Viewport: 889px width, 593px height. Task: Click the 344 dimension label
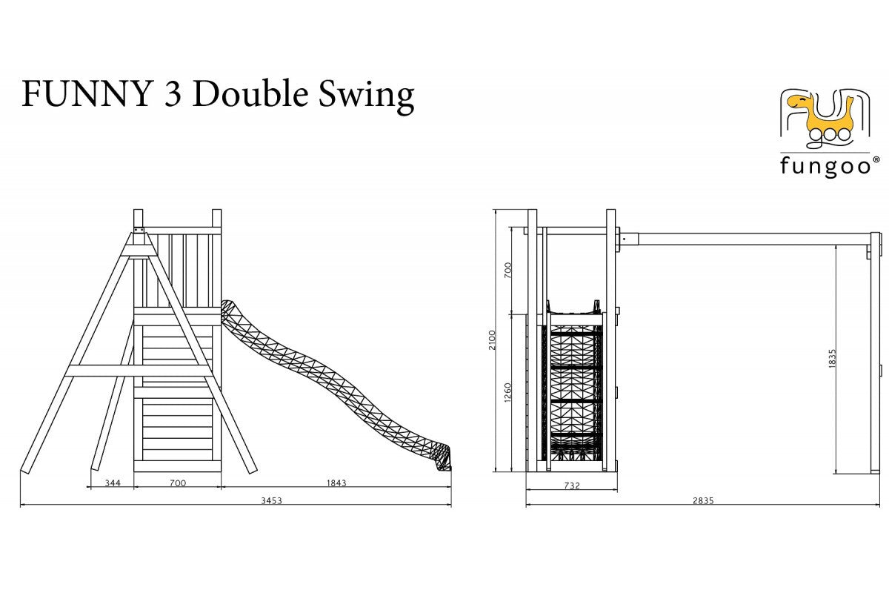(113, 483)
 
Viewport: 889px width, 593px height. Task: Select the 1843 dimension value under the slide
(336, 483)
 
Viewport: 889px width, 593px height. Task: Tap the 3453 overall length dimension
(271, 500)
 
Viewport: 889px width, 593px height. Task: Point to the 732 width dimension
(572, 486)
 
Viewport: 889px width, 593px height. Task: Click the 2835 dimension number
(703, 500)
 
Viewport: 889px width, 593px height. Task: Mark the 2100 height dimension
(492, 340)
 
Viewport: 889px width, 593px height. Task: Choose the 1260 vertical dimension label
(507, 392)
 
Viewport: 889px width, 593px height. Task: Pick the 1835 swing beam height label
(833, 359)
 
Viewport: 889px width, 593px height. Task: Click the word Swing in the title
(366, 96)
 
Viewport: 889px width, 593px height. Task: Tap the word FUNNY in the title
(87, 94)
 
